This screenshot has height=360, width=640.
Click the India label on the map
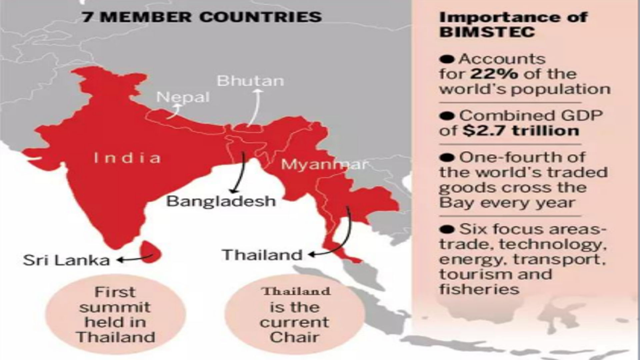(x=127, y=158)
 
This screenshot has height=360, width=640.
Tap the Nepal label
(x=183, y=97)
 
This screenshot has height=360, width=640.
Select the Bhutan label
(x=250, y=81)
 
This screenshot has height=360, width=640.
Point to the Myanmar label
(x=324, y=164)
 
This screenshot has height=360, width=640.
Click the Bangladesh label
(x=221, y=201)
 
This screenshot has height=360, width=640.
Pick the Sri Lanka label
(x=66, y=260)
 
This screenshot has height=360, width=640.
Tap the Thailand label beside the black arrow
(x=262, y=255)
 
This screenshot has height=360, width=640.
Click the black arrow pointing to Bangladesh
(x=239, y=173)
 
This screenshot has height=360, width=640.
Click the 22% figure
(x=494, y=74)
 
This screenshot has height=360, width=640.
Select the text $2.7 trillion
(x=521, y=131)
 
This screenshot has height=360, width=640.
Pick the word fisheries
(x=479, y=289)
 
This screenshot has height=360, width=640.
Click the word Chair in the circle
(x=294, y=337)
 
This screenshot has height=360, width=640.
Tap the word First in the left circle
(x=115, y=292)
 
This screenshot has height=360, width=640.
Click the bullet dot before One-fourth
(x=447, y=158)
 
